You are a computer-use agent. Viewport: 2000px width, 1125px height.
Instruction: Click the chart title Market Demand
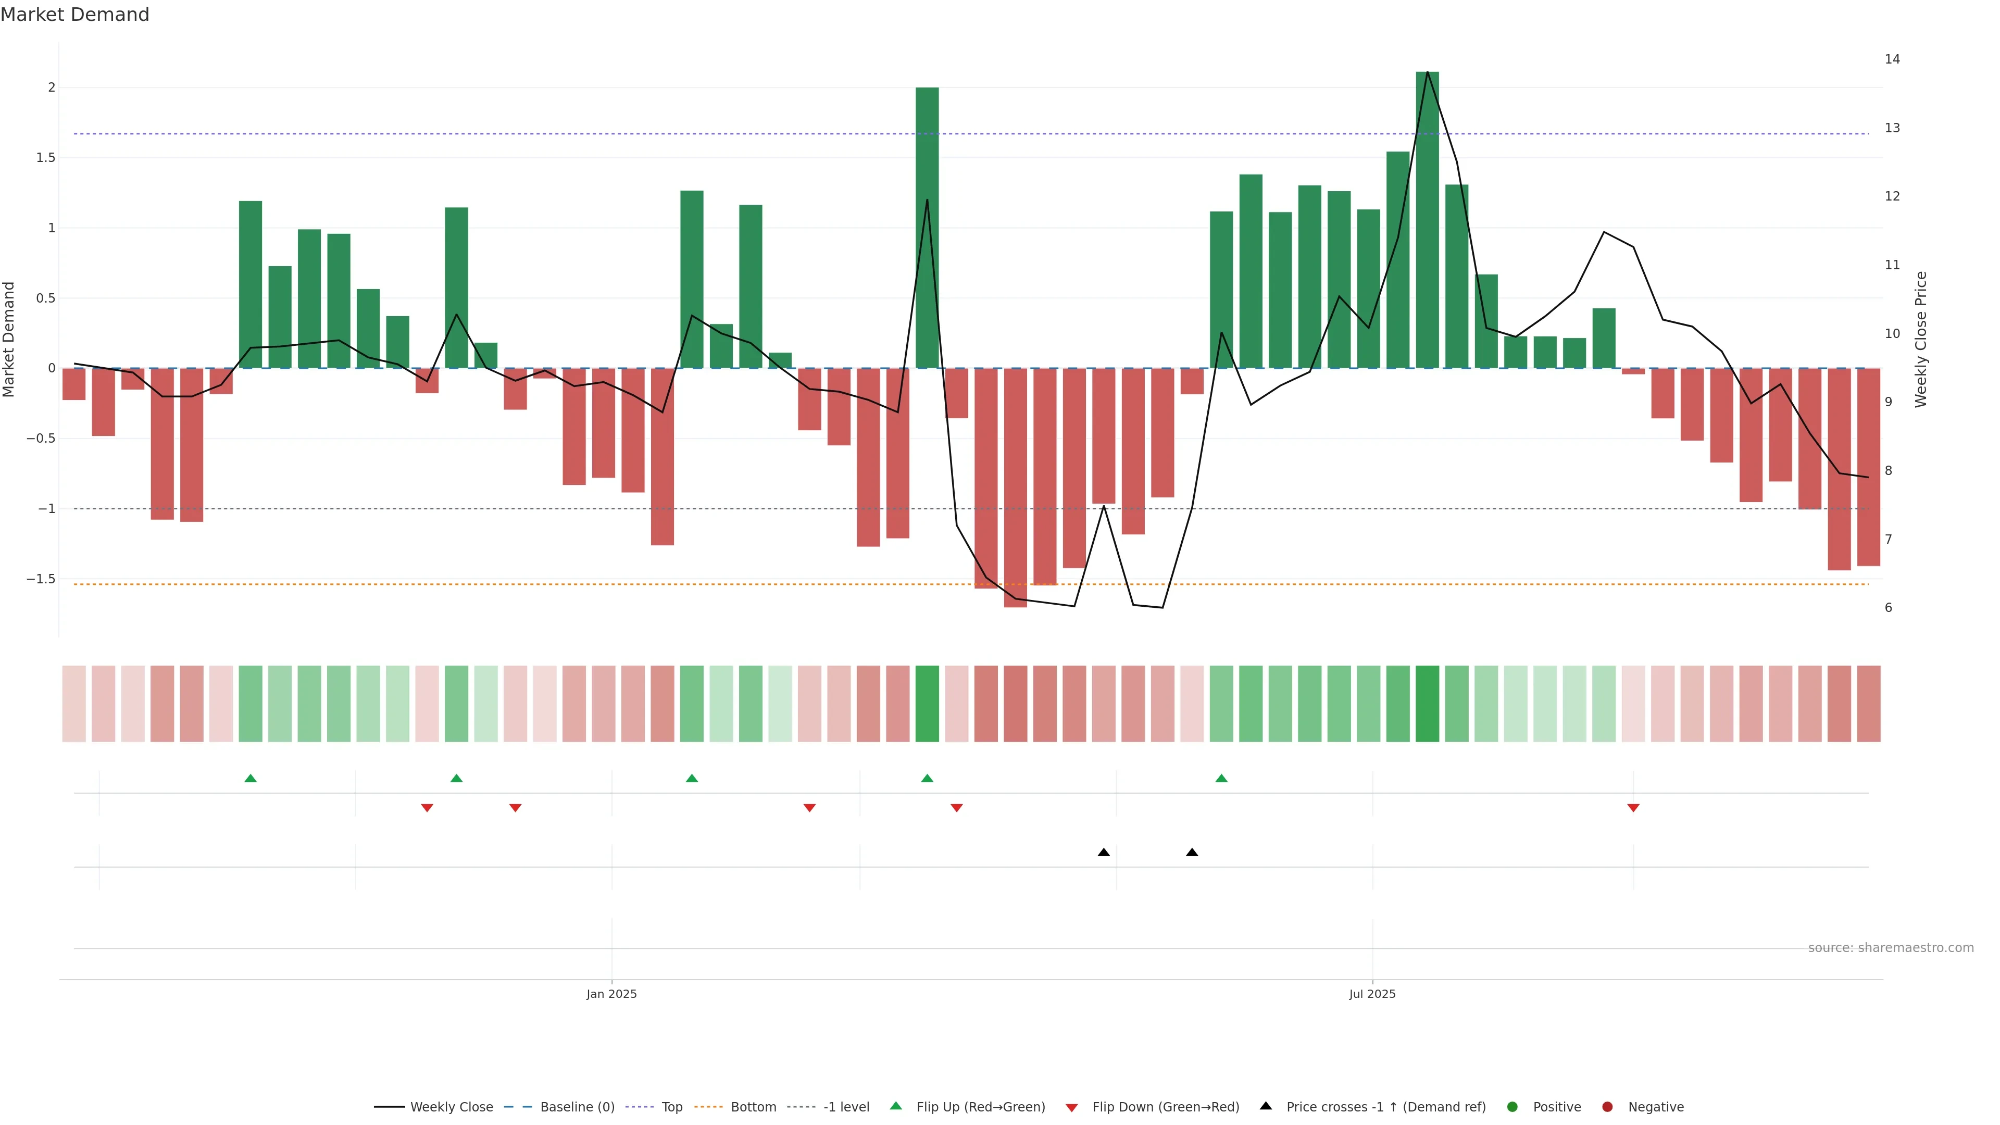click(74, 15)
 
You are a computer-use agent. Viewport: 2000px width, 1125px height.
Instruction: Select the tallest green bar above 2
click(1427, 220)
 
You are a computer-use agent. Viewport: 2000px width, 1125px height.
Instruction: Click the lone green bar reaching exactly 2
click(927, 228)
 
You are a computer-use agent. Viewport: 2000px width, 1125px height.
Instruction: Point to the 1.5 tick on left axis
click(46, 158)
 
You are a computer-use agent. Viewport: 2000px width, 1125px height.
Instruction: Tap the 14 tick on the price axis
click(1892, 59)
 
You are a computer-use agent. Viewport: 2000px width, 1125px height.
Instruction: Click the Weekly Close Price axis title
click(1921, 339)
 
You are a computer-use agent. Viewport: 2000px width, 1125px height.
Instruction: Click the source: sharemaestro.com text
click(1891, 948)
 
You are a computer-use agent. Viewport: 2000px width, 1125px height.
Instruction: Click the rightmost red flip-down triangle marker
click(1633, 808)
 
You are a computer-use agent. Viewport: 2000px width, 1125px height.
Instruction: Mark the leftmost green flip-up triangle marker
click(250, 778)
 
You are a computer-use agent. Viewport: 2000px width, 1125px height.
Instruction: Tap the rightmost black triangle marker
click(1192, 853)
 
